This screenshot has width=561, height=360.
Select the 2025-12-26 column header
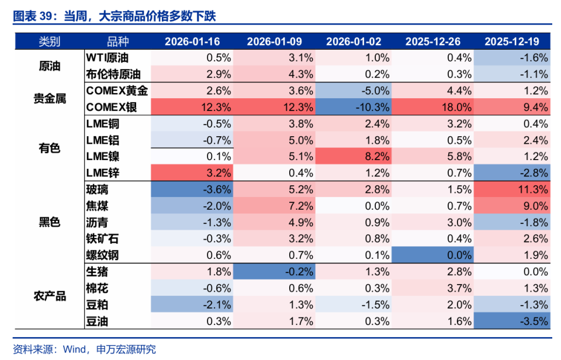point(433,41)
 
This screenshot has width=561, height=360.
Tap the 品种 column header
point(117,41)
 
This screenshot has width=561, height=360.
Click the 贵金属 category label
point(50,99)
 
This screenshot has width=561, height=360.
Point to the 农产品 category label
point(50,296)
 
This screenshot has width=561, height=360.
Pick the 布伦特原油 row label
point(113,74)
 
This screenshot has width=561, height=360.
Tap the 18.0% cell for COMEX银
point(433,107)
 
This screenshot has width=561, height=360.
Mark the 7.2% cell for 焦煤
point(274,206)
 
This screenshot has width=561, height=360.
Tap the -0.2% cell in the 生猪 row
point(274,272)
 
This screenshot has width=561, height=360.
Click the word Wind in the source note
point(74,349)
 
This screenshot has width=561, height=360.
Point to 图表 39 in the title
point(33,16)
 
